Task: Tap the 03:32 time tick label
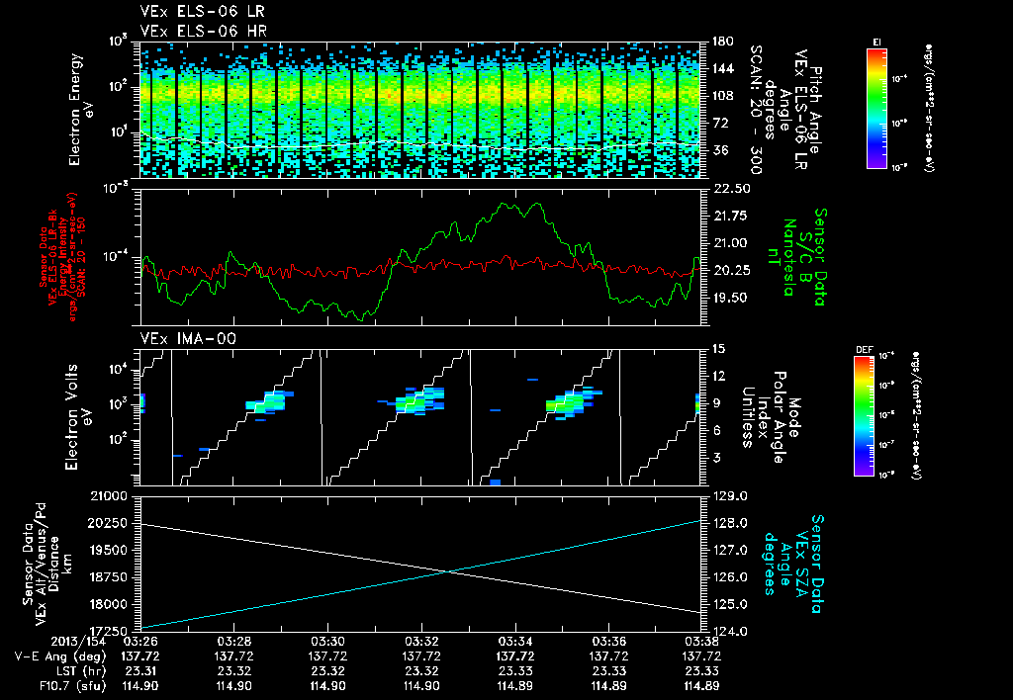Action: point(421,641)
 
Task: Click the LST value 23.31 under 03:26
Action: point(139,670)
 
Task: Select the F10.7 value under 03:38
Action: point(700,685)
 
